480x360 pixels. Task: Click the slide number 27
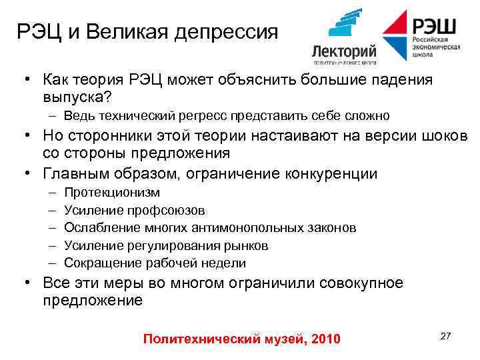[x=446, y=336]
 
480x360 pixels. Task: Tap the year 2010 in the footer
[x=325, y=339]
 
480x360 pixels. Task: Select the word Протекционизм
[x=112, y=193]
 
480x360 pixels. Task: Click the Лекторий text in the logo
[x=344, y=51]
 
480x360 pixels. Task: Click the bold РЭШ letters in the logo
[x=434, y=27]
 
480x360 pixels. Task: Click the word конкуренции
[x=323, y=174]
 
